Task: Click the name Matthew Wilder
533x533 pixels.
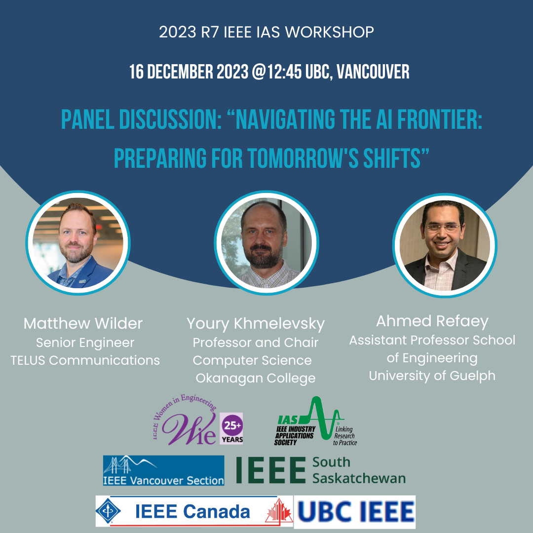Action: pos(83,323)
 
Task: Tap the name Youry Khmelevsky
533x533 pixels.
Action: pos(256,324)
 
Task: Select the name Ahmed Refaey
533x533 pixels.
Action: pos(432,321)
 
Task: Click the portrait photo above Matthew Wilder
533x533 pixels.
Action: pos(78,243)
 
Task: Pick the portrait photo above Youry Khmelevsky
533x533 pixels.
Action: pos(266,243)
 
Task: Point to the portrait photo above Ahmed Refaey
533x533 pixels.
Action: pos(445,245)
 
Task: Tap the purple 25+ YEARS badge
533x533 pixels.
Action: pos(231,428)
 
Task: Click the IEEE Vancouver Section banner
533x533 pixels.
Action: pos(163,470)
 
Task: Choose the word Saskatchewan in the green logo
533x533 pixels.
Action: pos(359,478)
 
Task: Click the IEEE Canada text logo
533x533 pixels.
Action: pos(192,512)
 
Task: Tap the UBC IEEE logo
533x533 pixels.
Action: pos(354,512)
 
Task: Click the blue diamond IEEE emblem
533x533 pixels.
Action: pos(108,511)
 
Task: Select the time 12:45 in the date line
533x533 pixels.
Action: pos(284,72)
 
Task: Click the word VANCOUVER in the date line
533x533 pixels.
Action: pos(373,72)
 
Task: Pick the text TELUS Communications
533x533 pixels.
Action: pos(85,360)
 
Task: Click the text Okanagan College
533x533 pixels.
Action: pos(256,379)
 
